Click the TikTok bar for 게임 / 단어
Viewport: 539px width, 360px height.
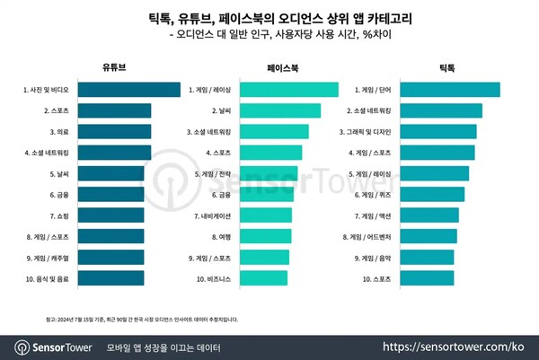[450, 90]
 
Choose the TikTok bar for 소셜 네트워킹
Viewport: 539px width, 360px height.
[441, 110]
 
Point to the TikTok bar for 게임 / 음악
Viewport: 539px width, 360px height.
[427, 258]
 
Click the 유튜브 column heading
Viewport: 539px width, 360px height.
[115, 66]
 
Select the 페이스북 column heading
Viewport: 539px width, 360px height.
[285, 66]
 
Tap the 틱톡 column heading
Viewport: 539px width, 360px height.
[445, 66]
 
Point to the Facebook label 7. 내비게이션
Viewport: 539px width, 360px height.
[213, 215]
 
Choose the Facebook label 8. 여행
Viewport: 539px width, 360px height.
[219, 237]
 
